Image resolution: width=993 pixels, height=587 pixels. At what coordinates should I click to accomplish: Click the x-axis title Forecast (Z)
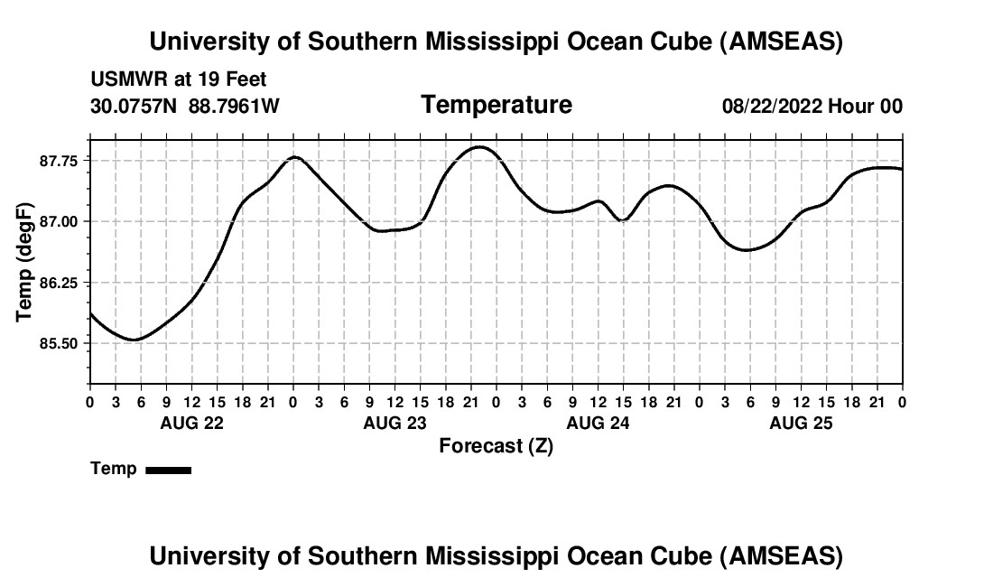point(496,445)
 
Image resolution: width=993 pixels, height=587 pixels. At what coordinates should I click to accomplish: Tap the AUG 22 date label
point(190,423)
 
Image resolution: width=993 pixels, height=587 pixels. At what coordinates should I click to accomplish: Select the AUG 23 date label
point(394,423)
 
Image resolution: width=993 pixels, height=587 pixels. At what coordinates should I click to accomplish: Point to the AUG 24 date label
point(598,423)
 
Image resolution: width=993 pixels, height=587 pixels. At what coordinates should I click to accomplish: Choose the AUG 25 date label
point(801,423)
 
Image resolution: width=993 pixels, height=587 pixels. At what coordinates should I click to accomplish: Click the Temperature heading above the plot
point(496,105)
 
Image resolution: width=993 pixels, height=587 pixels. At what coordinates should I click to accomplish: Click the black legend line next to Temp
point(169,470)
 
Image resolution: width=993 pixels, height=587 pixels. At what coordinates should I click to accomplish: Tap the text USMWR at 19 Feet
point(179,79)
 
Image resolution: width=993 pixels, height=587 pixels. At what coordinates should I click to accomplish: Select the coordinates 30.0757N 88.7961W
point(185,106)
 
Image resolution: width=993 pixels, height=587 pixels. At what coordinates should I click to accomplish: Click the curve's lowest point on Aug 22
point(134,340)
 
